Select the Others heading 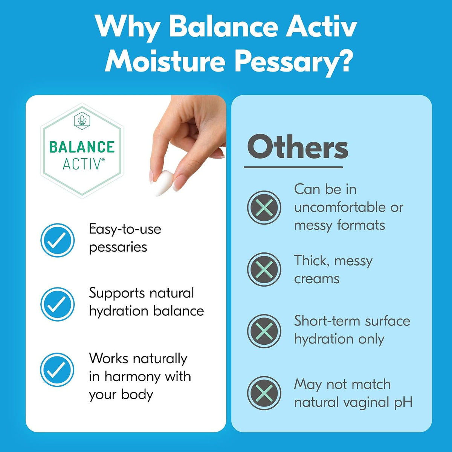(298, 148)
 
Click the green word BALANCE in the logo (82, 147)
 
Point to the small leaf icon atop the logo (82, 120)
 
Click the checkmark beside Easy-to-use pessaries (58, 240)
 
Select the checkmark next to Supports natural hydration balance (58, 304)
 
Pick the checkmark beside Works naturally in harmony (57, 370)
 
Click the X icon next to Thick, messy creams (264, 270)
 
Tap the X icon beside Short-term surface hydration (264, 331)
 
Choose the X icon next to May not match (264, 393)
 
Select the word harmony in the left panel (133, 377)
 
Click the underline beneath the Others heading (293, 167)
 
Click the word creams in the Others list (317, 279)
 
